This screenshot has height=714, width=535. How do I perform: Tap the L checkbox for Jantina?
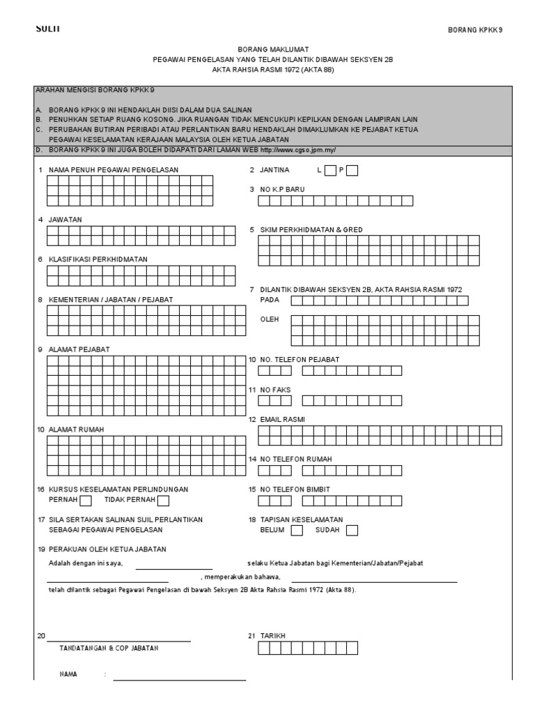[330, 170]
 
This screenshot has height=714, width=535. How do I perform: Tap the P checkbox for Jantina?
[352, 170]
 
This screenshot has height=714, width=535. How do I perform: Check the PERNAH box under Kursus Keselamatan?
[85, 500]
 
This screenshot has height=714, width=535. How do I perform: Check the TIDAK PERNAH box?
[163, 500]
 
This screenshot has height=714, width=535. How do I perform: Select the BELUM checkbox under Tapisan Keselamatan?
[297, 530]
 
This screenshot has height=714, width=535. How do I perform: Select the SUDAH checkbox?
[352, 530]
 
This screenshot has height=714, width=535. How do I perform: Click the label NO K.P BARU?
[282, 189]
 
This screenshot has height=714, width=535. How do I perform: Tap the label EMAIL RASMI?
[282, 419]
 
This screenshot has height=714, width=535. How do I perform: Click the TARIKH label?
[272, 636]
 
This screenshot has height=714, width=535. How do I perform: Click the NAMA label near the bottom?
[68, 674]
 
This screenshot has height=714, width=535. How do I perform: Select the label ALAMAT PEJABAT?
[78, 349]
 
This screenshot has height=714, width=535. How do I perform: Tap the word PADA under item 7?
[269, 299]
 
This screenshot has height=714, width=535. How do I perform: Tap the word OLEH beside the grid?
[269, 319]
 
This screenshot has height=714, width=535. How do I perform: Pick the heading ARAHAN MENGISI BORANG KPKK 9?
[94, 91]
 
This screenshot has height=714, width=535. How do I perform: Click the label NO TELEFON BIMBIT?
[295, 489]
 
